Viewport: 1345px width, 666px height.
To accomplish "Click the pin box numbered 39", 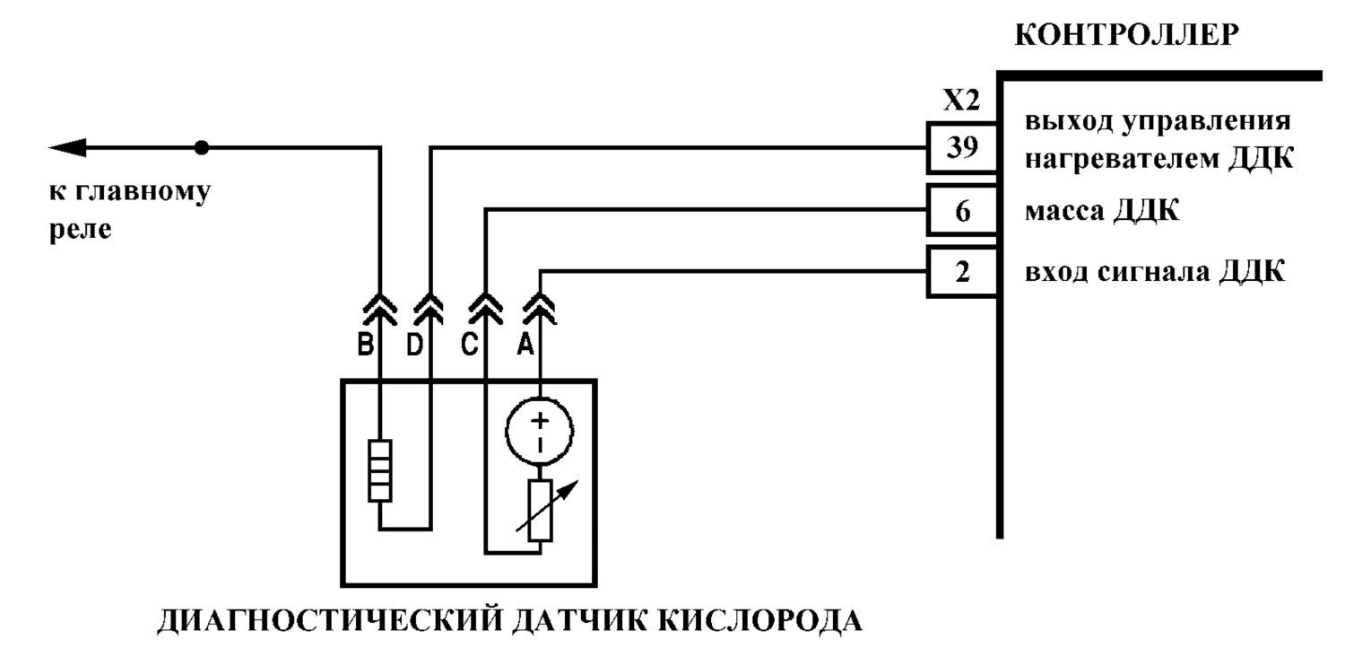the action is pyautogui.click(x=962, y=148).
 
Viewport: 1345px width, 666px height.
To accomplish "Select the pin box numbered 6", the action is pyautogui.click(x=962, y=210).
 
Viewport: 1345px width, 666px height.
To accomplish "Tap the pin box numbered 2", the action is pyautogui.click(x=962, y=272).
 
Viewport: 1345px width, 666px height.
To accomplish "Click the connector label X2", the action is pyautogui.click(x=961, y=101).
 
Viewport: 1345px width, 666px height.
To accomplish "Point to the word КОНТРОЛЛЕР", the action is pyautogui.click(x=1126, y=35).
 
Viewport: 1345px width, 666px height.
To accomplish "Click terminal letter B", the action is pyautogui.click(x=366, y=345).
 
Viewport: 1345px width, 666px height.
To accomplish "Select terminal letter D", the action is pyautogui.click(x=414, y=345).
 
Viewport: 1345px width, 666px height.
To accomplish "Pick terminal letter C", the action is pyautogui.click(x=469, y=345).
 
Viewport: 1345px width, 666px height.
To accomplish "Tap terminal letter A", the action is pyautogui.click(x=525, y=345).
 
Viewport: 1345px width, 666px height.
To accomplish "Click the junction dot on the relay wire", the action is pyautogui.click(x=202, y=147).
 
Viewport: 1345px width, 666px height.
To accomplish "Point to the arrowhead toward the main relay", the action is pyautogui.click(x=67, y=147).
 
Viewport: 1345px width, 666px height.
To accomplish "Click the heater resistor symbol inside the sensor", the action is pyautogui.click(x=379, y=470).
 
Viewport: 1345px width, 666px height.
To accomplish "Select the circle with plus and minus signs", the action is pyautogui.click(x=539, y=431).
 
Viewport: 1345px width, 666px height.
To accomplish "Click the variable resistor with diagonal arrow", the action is pyautogui.click(x=541, y=511).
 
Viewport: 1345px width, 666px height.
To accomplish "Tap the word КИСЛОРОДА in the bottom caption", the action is pyautogui.click(x=760, y=621).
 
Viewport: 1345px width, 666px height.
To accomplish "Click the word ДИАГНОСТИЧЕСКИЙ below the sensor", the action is pyautogui.click(x=329, y=621).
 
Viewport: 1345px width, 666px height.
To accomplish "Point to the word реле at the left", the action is pyautogui.click(x=81, y=230).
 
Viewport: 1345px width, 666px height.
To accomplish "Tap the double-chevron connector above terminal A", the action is pyautogui.click(x=539, y=309).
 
